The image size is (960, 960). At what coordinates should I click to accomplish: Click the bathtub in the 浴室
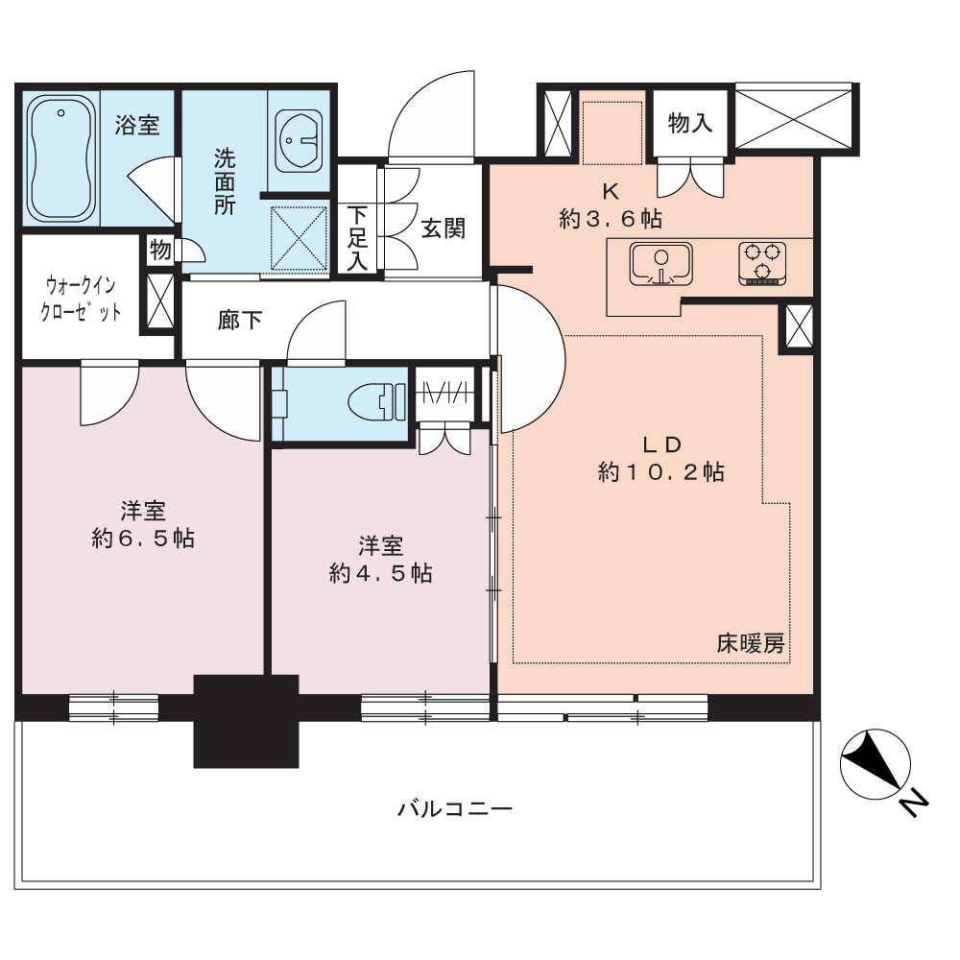pos(61,158)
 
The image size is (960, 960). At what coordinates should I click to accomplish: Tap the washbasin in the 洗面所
pos(300,141)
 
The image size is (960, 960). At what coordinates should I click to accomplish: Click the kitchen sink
pos(661,264)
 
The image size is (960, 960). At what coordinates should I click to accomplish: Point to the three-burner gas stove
pos(761,263)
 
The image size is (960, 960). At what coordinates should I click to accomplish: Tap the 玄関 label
pos(443,229)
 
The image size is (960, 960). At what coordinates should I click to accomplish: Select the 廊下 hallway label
pos(240,321)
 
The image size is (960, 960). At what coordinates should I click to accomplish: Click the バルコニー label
pos(454,809)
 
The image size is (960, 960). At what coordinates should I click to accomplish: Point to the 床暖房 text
pos(751,644)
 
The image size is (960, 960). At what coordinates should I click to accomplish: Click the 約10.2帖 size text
pos(661,472)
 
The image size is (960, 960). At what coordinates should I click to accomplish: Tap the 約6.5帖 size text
pos(143,539)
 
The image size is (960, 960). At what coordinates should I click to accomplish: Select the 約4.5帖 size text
pos(381,573)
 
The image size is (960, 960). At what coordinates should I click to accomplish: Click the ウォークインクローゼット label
pos(81,299)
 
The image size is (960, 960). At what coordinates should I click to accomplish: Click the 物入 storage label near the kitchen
pos(690,123)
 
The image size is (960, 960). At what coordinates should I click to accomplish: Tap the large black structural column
pos(246,721)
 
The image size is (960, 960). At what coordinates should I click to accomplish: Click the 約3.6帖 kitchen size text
pos(611,219)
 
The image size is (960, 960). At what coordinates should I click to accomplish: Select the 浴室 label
pos(137,125)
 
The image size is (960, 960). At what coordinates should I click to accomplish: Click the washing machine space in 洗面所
pos(299,237)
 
